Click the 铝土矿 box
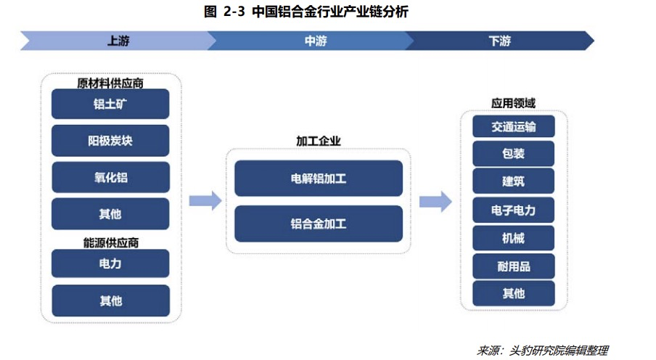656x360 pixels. (110, 104)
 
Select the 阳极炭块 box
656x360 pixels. (110, 141)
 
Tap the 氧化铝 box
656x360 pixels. (111, 178)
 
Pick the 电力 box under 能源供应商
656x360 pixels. (110, 263)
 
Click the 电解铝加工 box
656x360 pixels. (319, 179)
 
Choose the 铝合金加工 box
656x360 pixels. (319, 224)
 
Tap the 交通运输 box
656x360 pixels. (513, 126)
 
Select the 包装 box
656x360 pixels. (513, 154)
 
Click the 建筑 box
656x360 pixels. (513, 181)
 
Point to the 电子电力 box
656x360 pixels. (513, 210)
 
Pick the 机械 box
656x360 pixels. (513, 238)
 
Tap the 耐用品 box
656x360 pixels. (513, 266)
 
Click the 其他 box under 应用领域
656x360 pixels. (513, 293)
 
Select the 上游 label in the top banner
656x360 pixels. (118, 41)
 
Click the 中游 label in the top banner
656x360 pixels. (316, 41)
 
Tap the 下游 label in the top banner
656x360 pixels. (500, 41)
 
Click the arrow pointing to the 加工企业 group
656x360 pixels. (205, 201)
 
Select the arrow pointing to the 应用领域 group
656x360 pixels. (435, 201)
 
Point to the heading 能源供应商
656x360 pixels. (111, 243)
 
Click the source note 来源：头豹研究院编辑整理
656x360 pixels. (543, 351)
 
